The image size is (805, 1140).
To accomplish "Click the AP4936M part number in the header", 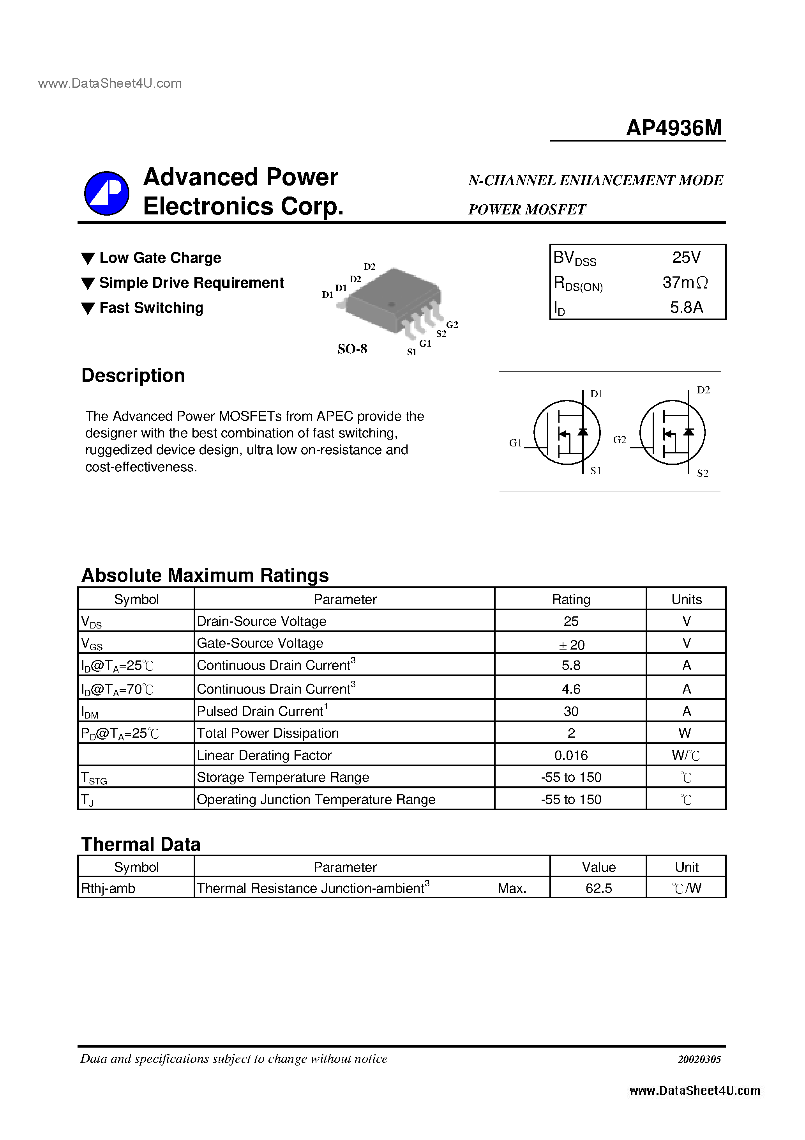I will point(673,128).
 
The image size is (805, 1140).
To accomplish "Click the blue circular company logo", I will point(107,193).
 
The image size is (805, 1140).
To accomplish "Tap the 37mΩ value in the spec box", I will point(685,283).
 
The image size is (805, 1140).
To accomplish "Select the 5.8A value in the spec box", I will point(687,307).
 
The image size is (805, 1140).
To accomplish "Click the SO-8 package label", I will point(352,349).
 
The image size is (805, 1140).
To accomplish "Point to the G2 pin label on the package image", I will point(452,325).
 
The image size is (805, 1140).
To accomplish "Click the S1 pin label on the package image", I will point(411,352).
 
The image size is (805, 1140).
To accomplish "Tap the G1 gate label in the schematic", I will point(515,443).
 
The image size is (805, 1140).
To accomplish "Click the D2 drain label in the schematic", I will point(703,390).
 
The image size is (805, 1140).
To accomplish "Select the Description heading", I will point(133,375).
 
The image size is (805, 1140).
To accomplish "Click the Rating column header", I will point(571,599).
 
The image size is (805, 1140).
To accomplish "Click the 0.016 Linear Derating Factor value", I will point(571,755).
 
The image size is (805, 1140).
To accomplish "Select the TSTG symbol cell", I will point(94,777).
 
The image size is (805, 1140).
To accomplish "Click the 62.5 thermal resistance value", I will point(598,888).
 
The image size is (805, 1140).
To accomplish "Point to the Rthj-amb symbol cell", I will point(108,888).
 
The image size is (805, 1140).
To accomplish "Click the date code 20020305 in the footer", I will point(699,1059).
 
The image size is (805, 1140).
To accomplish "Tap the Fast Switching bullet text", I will point(151,308).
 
